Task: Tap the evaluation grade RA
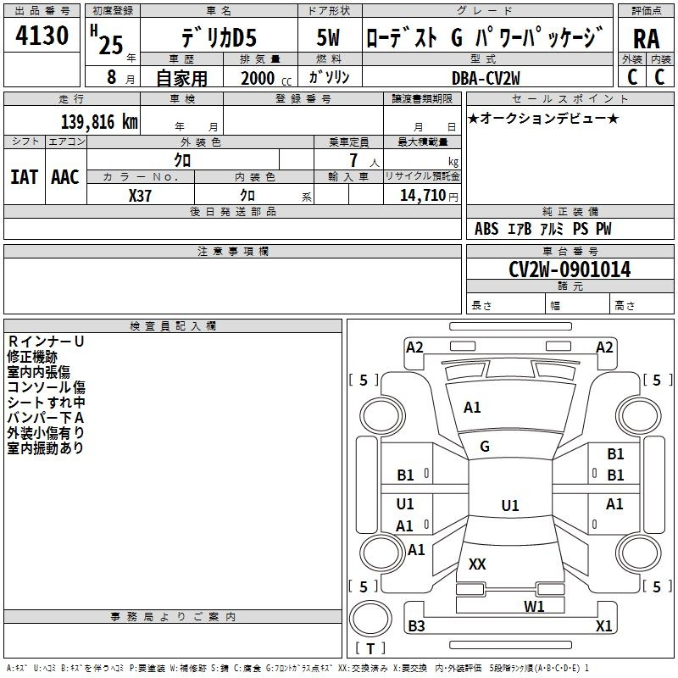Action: [646, 38]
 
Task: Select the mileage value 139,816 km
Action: [99, 122]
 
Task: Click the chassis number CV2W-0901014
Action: [570, 270]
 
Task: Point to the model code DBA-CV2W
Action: [486, 78]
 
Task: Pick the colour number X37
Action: [140, 195]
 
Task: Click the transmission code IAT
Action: [24, 176]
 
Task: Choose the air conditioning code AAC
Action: [65, 176]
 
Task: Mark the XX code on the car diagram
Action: [477, 564]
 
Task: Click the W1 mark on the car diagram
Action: [533, 606]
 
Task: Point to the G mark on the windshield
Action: [485, 447]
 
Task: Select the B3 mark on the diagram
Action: [416, 626]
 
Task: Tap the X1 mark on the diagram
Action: [603, 626]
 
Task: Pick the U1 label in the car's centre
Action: [509, 506]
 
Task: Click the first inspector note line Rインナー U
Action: [46, 341]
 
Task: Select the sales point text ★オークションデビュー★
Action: [543, 118]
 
